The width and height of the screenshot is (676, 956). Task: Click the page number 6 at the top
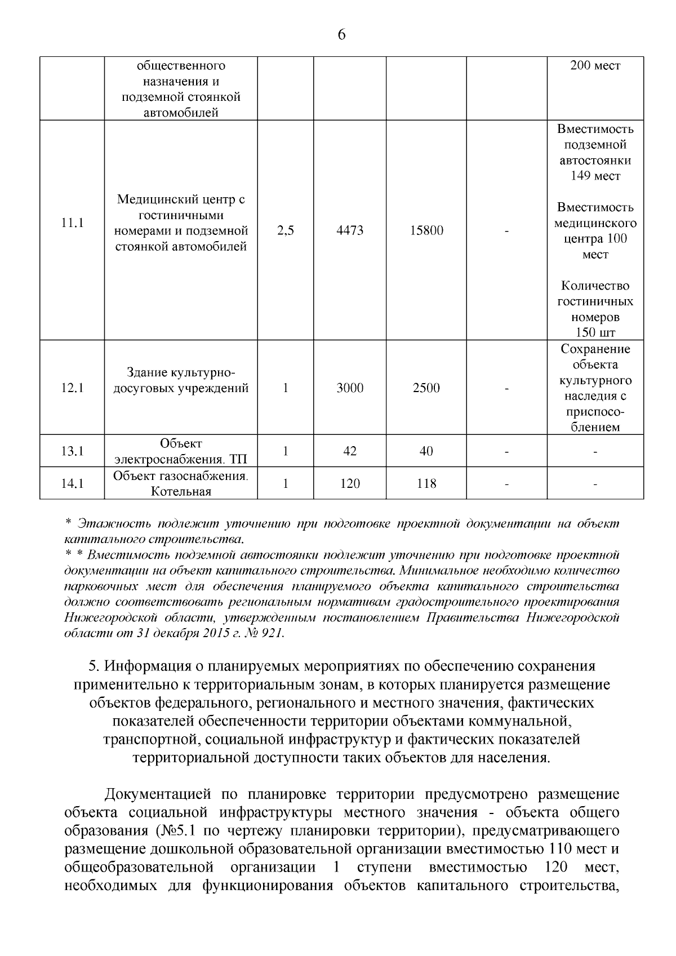pyautogui.click(x=341, y=35)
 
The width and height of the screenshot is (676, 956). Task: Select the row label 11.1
pyautogui.click(x=72, y=223)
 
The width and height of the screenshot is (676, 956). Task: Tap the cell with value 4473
pyautogui.click(x=349, y=230)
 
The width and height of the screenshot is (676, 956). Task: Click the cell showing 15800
pyautogui.click(x=426, y=230)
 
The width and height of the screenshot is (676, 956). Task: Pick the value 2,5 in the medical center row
pyautogui.click(x=286, y=230)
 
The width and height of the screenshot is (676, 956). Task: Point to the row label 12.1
pyautogui.click(x=72, y=388)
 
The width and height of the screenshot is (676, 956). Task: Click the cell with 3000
pyautogui.click(x=349, y=388)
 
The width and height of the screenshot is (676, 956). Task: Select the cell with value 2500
pyautogui.click(x=426, y=388)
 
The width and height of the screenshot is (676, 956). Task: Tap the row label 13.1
pyautogui.click(x=72, y=451)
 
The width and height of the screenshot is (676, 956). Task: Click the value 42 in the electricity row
pyautogui.click(x=349, y=451)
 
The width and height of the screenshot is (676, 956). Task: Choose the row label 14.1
pyautogui.click(x=72, y=483)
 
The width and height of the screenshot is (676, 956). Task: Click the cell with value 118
pyautogui.click(x=426, y=483)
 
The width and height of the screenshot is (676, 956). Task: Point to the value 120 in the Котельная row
pyautogui.click(x=349, y=483)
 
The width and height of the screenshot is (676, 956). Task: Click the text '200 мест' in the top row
pyautogui.click(x=595, y=66)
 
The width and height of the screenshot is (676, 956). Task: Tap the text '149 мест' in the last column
pyautogui.click(x=595, y=176)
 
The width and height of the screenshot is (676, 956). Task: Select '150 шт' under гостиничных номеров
pyautogui.click(x=595, y=332)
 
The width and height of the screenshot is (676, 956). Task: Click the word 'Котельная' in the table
pyautogui.click(x=181, y=492)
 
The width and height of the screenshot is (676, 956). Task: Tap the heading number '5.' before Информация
pyautogui.click(x=95, y=666)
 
